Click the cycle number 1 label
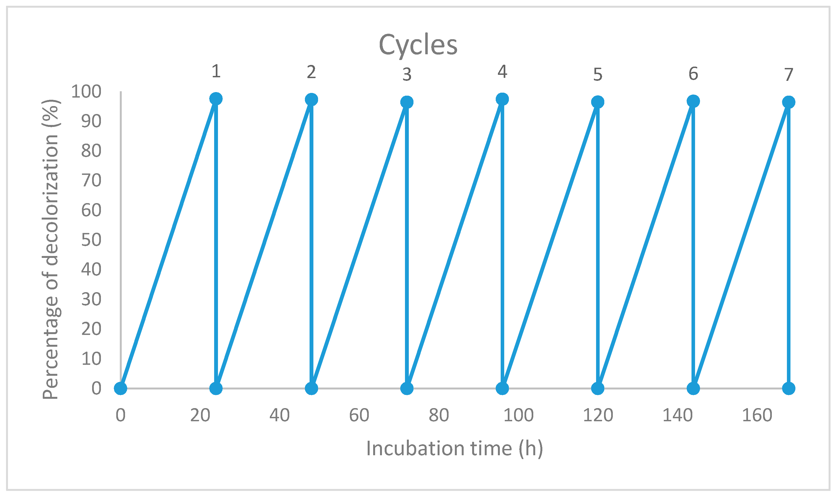[x=216, y=72]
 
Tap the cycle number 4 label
[x=502, y=72]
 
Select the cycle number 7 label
[x=789, y=75]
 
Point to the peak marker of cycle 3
[x=407, y=102]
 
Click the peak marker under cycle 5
[x=598, y=102]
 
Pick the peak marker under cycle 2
[x=311, y=100]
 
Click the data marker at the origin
[x=120, y=389]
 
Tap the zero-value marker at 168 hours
[x=789, y=389]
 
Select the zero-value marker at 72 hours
[x=407, y=389]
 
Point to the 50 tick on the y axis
[x=91, y=240]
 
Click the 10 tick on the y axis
[x=91, y=359]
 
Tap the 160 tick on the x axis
[x=757, y=416]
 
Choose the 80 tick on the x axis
[x=439, y=416]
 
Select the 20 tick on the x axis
[x=200, y=416]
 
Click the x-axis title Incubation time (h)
[x=454, y=448]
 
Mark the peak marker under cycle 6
[x=693, y=101]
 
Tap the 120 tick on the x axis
[x=598, y=416]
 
